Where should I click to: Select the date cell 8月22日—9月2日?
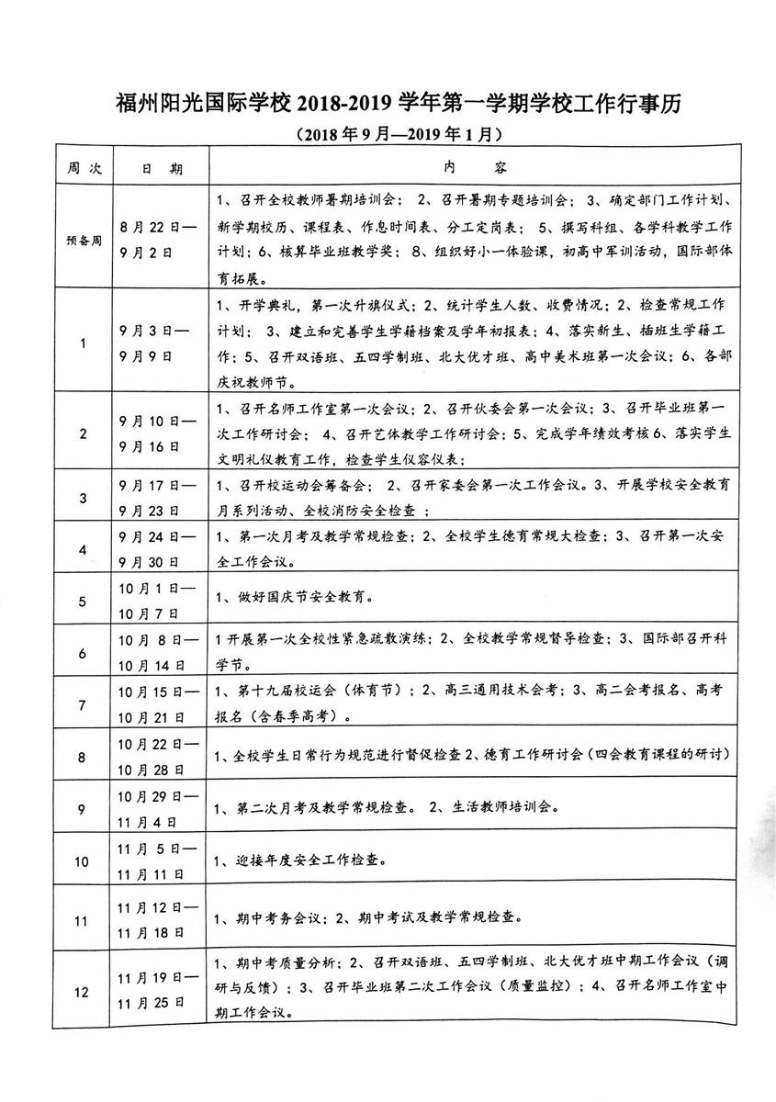158,236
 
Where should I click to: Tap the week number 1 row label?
84,343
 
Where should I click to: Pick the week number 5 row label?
84,602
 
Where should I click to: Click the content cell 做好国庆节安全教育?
294,599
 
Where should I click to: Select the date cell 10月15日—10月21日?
158,704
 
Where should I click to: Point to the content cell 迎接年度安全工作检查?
299,860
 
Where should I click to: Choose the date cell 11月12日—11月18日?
158,917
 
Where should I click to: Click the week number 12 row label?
84,991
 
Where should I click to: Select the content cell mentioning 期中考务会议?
367,916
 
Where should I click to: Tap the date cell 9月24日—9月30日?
158,548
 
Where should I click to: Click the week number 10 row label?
84,861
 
